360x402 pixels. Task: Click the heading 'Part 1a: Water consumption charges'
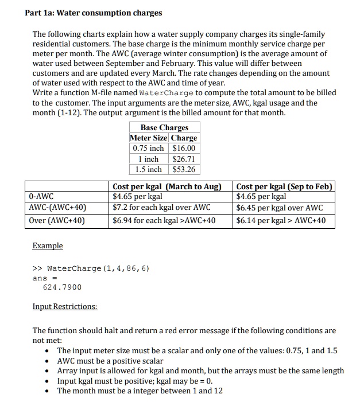click(94, 13)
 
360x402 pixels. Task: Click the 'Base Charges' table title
click(164, 127)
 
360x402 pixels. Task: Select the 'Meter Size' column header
click(149, 138)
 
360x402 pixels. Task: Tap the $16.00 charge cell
click(184, 149)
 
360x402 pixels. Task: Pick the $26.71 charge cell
click(184, 159)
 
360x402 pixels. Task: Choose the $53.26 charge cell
click(184, 169)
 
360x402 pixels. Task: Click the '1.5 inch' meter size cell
click(149, 169)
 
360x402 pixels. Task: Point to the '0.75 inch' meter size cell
click(149, 149)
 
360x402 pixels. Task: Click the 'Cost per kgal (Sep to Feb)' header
click(284, 187)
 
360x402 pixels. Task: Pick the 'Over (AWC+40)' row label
click(57, 220)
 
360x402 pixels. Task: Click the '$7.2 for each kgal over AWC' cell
click(161, 208)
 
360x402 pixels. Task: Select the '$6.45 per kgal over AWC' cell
click(280, 208)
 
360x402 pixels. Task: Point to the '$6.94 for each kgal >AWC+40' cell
click(164, 220)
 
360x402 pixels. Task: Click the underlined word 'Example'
click(48, 245)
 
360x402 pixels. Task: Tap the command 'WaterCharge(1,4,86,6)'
click(98, 268)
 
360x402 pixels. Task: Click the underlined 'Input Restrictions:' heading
click(65, 306)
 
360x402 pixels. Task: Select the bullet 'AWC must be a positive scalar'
click(110, 361)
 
